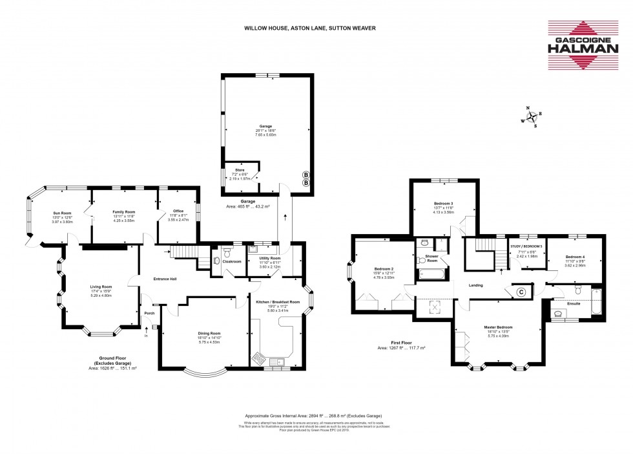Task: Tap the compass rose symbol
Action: pyautogui.click(x=532, y=118)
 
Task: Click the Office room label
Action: pyautogui.click(x=177, y=211)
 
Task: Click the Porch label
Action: pyautogui.click(x=149, y=314)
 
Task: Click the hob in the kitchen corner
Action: pyautogui.click(x=259, y=360)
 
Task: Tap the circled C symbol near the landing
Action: pyautogui.click(x=521, y=292)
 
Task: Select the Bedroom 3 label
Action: pyautogui.click(x=443, y=204)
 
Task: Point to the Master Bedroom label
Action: pyautogui.click(x=498, y=327)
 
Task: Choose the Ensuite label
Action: pyautogui.click(x=574, y=303)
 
